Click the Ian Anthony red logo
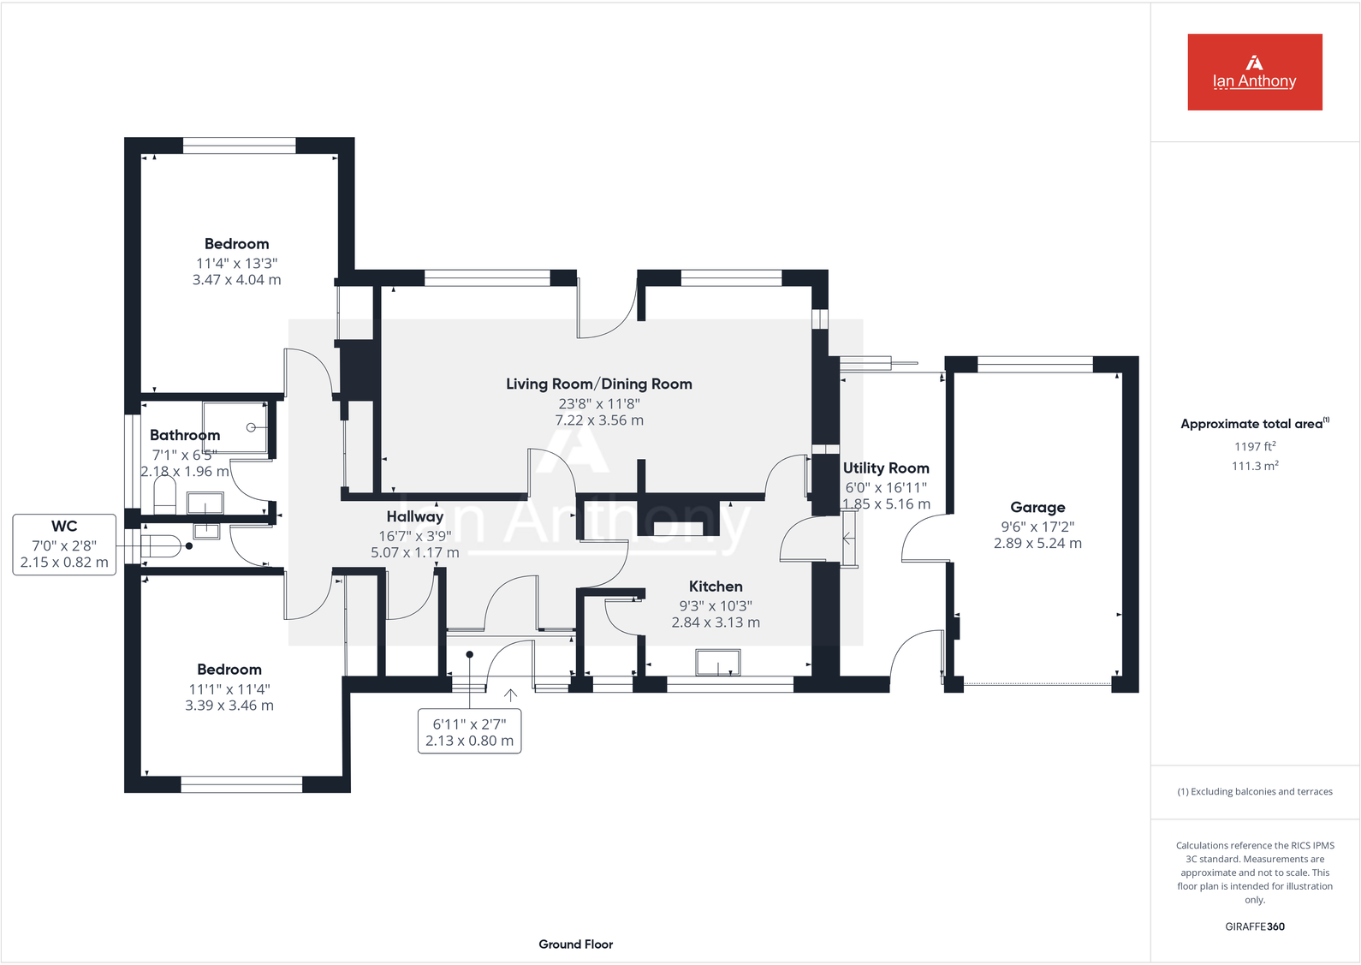pyautogui.click(x=1255, y=72)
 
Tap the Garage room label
pyautogui.click(x=1037, y=507)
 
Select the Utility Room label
pyautogui.click(x=886, y=468)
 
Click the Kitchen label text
pyautogui.click(x=716, y=587)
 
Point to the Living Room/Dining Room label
pyautogui.click(x=599, y=384)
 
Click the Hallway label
pyautogui.click(x=415, y=516)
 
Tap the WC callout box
pyautogui.click(x=64, y=545)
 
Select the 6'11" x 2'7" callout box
pyautogui.click(x=470, y=731)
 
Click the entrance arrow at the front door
pyautogui.click(x=510, y=695)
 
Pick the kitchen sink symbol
pyautogui.click(x=717, y=663)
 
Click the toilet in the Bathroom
pyautogui.click(x=164, y=495)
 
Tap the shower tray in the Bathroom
pyautogui.click(x=235, y=427)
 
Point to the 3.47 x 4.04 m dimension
pyautogui.click(x=237, y=280)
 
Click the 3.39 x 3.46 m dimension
pyautogui.click(x=229, y=706)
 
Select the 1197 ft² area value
pyautogui.click(x=1255, y=447)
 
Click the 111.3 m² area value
pyautogui.click(x=1255, y=466)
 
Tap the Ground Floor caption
pyautogui.click(x=576, y=944)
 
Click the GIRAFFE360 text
pyautogui.click(x=1255, y=926)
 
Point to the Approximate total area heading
pyautogui.click(x=1255, y=424)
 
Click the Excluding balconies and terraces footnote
pyautogui.click(x=1255, y=792)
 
